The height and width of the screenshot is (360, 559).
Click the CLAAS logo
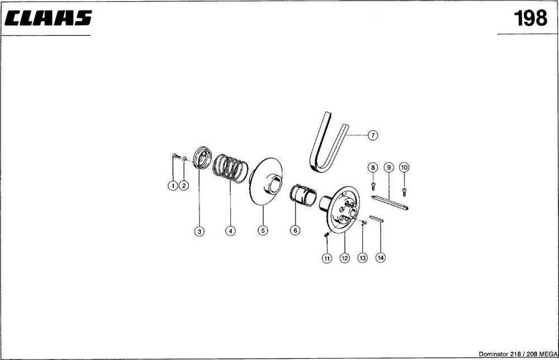48,18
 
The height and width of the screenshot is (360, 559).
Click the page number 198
530,18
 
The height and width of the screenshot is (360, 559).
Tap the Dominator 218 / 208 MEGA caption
518,354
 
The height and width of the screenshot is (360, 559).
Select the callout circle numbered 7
372,135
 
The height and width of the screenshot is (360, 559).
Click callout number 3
200,231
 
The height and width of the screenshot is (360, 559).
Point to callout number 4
231,231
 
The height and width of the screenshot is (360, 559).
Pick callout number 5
263,231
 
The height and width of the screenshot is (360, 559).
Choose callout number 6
295,230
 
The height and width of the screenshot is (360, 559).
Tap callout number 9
389,167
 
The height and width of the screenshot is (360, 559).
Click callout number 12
344,258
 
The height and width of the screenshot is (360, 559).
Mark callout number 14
381,257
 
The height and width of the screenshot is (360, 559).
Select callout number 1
173,186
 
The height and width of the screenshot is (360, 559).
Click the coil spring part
230,168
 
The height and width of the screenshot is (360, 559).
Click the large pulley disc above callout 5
266,182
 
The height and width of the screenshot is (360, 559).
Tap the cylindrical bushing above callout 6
303,195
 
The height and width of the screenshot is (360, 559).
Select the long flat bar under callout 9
390,202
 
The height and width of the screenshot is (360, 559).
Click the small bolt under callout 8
373,186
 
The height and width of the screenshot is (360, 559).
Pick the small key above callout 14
376,219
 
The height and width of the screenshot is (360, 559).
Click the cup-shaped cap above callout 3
202,157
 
